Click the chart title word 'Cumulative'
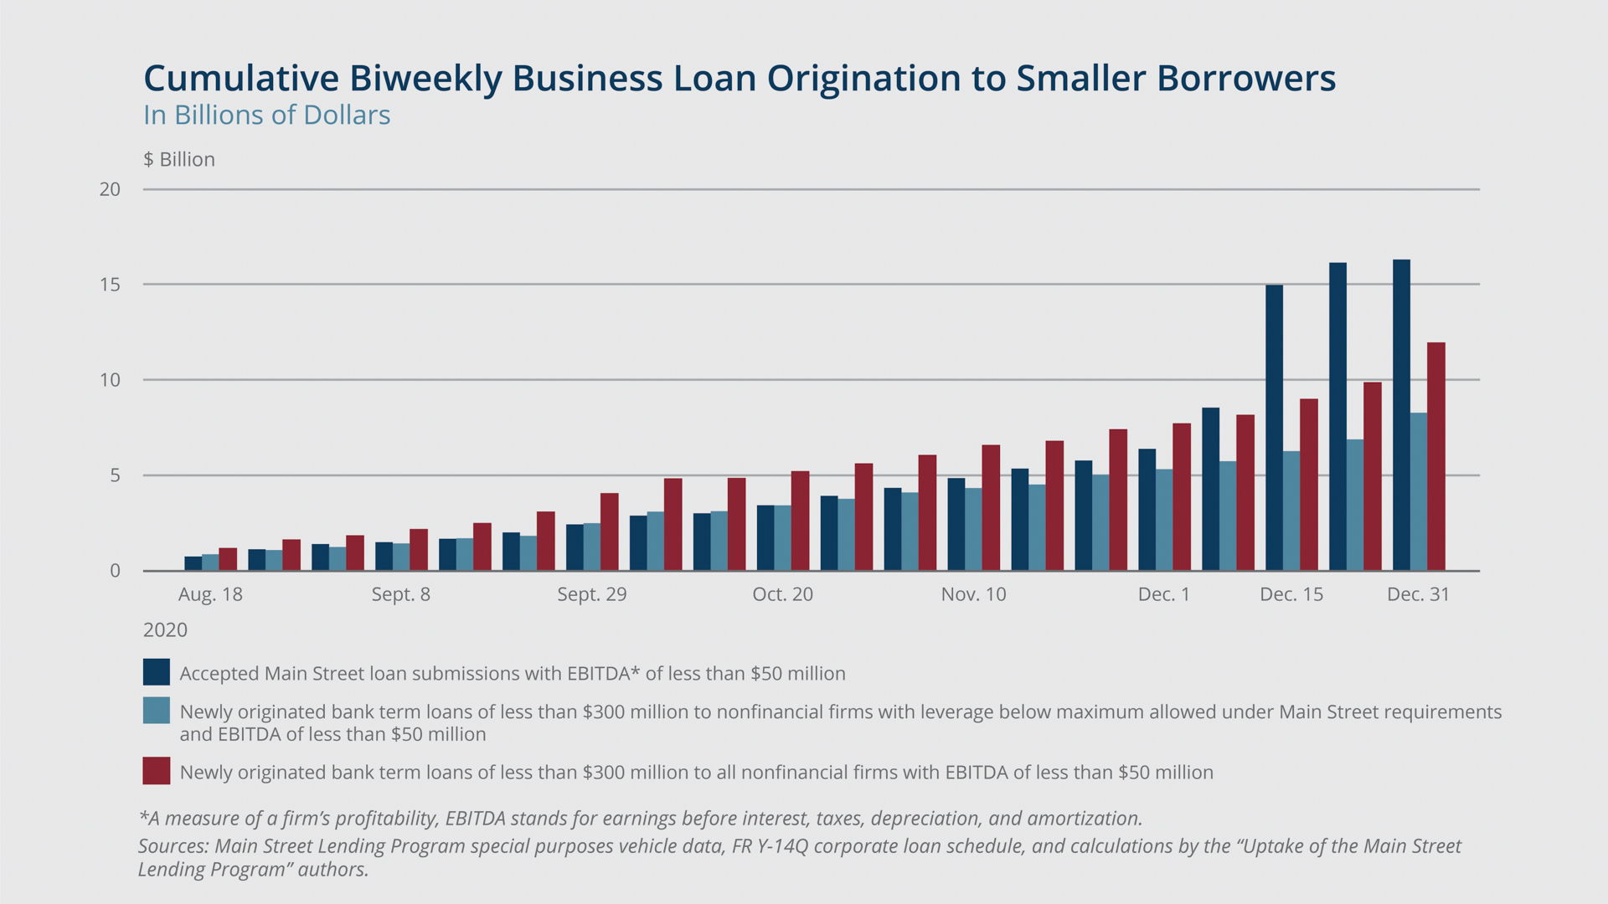tap(241, 78)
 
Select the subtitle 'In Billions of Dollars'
tap(266, 115)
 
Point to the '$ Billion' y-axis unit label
tap(179, 159)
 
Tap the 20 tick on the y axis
tap(110, 189)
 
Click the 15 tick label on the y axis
tap(110, 285)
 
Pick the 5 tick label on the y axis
tap(116, 475)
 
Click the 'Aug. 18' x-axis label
tap(210, 594)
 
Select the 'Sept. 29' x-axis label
tap(592, 594)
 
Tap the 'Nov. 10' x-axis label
tap(973, 594)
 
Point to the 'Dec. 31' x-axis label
tap(1418, 594)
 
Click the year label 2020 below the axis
tap(165, 629)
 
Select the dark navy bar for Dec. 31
tap(1401, 415)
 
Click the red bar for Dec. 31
tap(1436, 456)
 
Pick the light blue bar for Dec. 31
tap(1419, 491)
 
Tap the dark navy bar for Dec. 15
tap(1274, 428)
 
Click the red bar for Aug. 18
tap(228, 559)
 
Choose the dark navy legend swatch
tap(157, 672)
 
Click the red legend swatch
tap(157, 771)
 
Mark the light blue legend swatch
tap(157, 711)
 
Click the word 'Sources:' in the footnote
tap(173, 846)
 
